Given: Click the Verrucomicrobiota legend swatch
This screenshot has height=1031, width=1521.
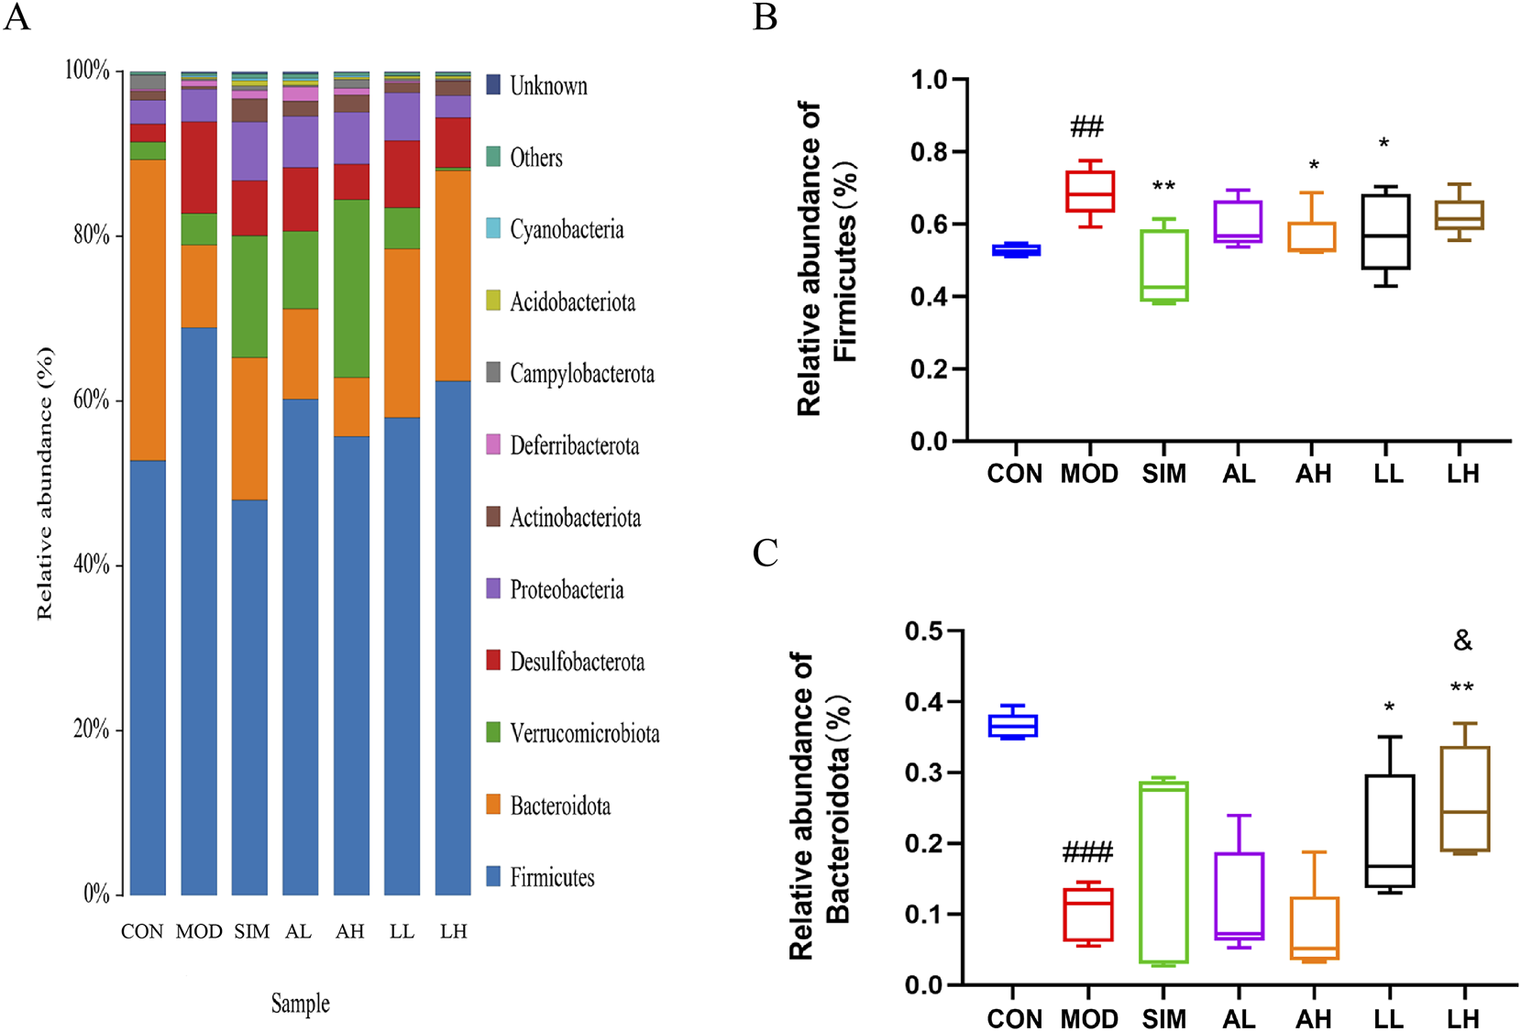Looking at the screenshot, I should point(493,732).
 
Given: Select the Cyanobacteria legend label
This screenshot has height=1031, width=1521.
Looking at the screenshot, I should point(567,229).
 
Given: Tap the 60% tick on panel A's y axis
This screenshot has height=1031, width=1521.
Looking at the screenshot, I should point(91,400).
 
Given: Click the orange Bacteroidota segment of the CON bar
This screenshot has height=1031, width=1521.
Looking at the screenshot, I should point(148,310).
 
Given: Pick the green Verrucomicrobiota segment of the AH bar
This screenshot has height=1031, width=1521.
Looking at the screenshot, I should point(351,288).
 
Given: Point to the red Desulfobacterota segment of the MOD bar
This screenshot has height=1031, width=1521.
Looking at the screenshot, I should point(199,167).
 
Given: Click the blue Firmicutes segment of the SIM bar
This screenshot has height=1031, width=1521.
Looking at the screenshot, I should point(249,696).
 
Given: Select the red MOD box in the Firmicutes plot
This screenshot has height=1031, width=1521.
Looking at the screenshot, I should point(1089,192).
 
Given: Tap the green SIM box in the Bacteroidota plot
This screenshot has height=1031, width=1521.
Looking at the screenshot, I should point(1164,872).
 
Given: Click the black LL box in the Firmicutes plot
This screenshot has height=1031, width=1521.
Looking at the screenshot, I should point(1385,232).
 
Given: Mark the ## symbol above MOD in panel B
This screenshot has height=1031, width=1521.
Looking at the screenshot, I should point(1087,126).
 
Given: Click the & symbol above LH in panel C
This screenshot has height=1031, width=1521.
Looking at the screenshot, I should point(1462,641).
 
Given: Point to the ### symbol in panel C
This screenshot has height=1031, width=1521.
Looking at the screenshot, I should point(1087,853).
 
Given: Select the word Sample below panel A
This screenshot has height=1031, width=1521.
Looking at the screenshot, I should point(300,1004).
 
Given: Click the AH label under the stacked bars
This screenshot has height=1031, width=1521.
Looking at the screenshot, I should point(349,932).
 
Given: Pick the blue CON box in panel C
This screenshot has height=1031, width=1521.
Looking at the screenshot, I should point(1012,726).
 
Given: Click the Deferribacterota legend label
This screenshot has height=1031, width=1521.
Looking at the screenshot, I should point(574,446).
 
